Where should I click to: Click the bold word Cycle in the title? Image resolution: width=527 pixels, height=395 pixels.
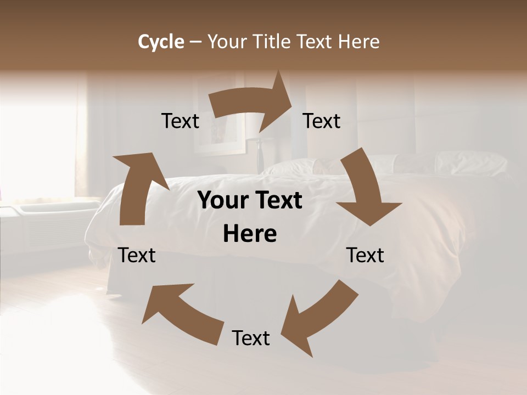[161, 42]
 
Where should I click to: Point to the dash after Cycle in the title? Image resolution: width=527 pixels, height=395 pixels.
[195, 42]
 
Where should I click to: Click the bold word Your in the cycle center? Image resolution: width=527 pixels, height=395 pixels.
[223, 201]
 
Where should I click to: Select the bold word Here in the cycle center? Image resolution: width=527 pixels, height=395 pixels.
[250, 234]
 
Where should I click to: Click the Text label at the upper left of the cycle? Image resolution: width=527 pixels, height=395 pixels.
[180, 121]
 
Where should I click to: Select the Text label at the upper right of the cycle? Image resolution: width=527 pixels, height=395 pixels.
[322, 121]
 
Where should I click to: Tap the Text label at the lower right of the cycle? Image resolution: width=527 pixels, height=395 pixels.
[365, 255]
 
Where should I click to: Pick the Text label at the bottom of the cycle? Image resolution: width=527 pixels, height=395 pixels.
[251, 338]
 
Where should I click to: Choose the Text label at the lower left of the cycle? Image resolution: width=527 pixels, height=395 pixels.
[137, 255]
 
